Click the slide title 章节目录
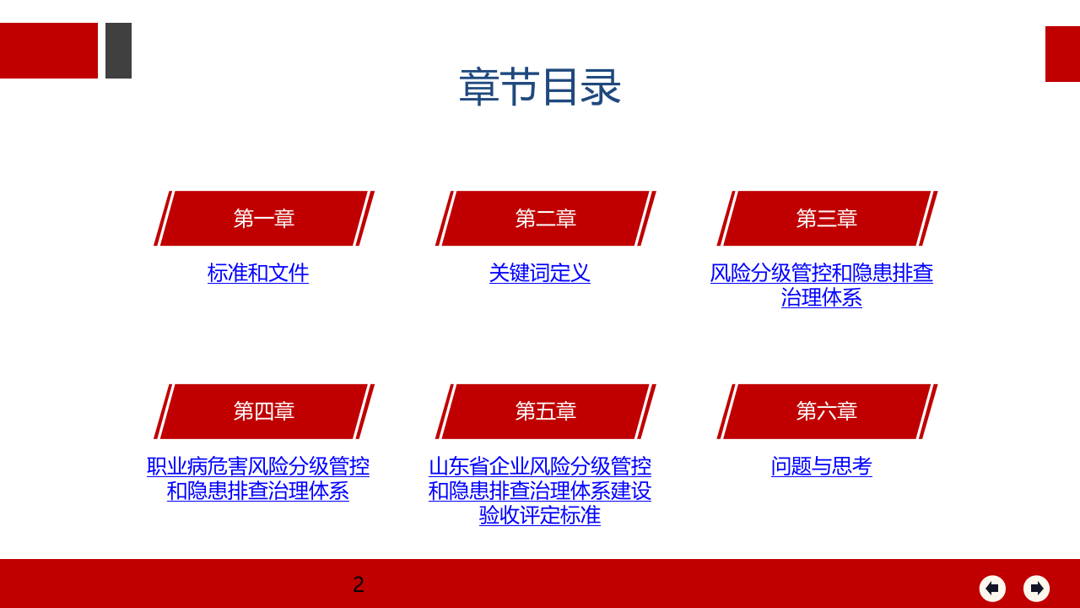coord(540,87)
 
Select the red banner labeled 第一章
coord(264,219)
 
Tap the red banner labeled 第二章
coord(546,219)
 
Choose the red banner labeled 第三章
coord(827,219)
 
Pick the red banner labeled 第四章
coord(264,411)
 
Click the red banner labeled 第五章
coord(546,411)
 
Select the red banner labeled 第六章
coord(827,411)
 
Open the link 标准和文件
coord(258,273)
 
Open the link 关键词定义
coord(540,273)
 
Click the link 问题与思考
coord(822,466)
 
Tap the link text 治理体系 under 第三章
coord(822,297)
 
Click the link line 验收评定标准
coord(540,515)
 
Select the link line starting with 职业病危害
coord(258,466)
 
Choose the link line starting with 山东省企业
coord(540,466)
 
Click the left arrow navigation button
coord(992,589)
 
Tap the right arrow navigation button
coord(1036,589)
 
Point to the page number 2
coord(359,584)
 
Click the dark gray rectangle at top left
coord(118,51)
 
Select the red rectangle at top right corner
coord(1062,54)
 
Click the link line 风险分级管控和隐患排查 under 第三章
coord(822,273)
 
